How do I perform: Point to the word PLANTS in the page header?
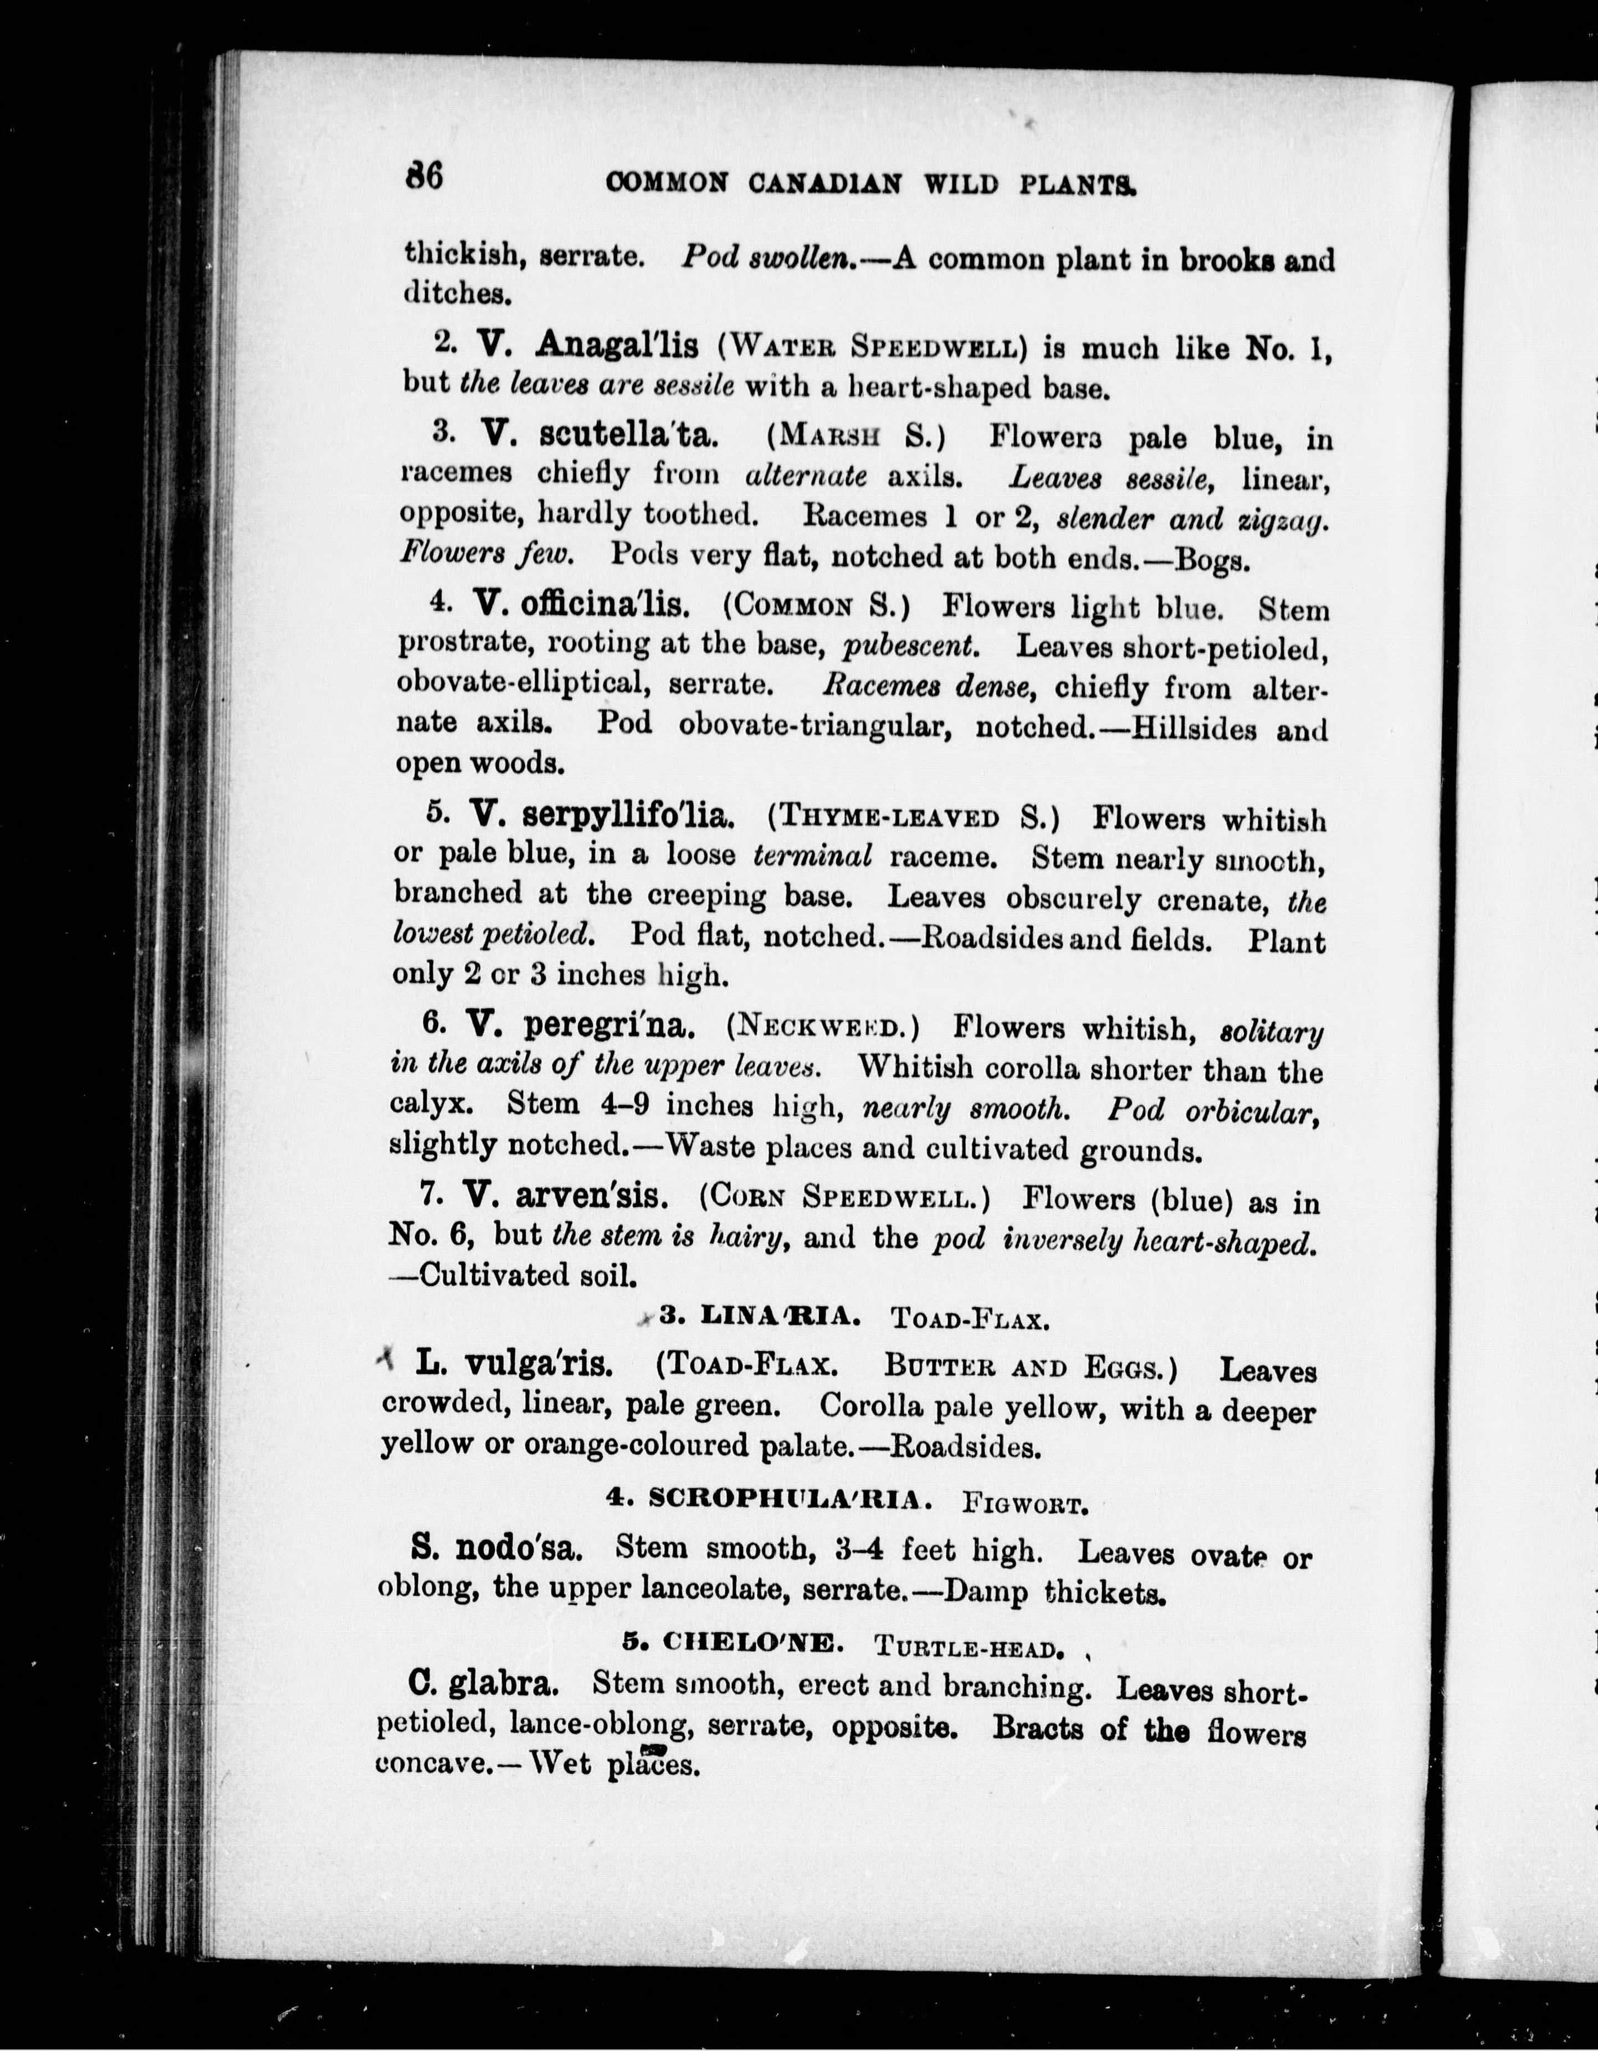pyautogui.click(x=1078, y=183)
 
